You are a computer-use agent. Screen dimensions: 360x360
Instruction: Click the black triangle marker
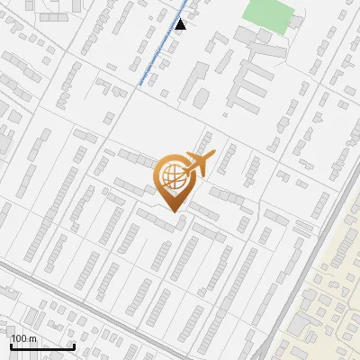point(181,24)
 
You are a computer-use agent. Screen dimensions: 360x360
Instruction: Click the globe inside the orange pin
point(171,176)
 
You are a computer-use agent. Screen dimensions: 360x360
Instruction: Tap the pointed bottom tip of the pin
point(173,212)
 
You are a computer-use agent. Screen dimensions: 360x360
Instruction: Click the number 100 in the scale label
point(20,338)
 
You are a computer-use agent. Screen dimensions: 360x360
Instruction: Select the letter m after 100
point(33,338)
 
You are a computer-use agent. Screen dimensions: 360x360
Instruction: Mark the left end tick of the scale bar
point(11,346)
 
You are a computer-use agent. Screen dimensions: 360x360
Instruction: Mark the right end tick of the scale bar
point(73,346)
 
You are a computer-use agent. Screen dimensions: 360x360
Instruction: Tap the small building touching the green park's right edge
point(301,17)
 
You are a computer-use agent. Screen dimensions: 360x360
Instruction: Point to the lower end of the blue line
point(139,85)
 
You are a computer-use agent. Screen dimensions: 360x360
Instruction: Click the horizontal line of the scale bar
point(41,347)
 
